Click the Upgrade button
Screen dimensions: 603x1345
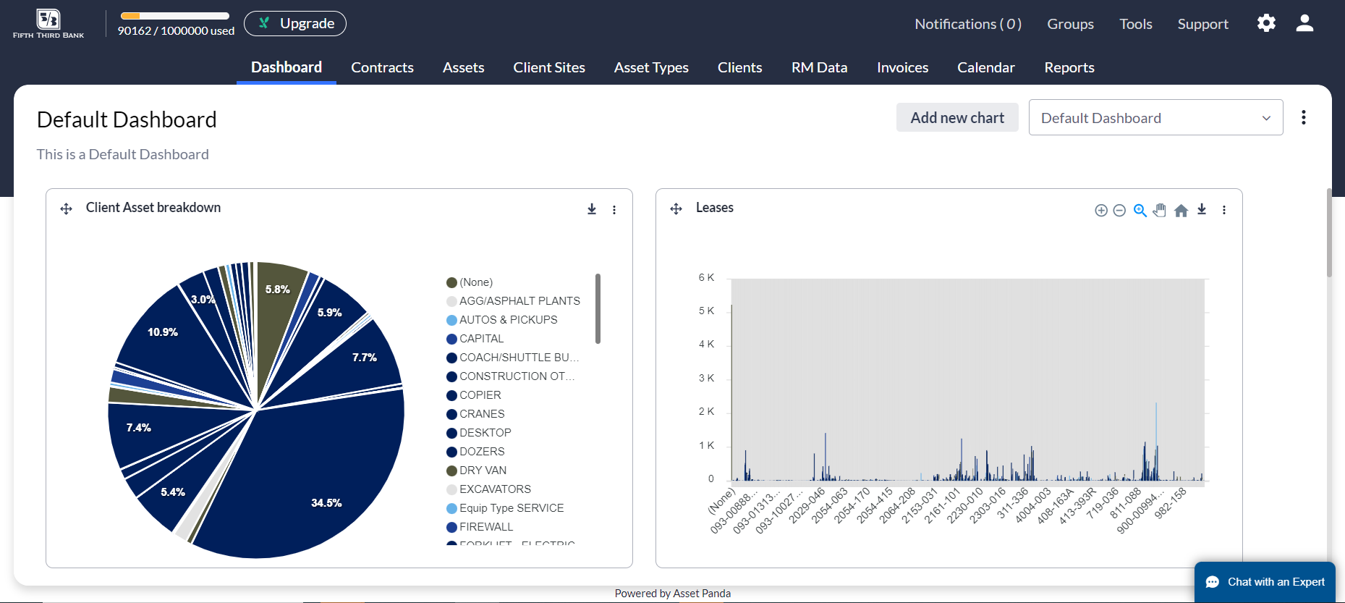(294, 23)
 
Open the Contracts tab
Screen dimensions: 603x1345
(382, 67)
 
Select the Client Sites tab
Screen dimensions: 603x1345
(549, 67)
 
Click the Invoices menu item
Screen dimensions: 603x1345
(902, 67)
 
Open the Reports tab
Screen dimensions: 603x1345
(1069, 67)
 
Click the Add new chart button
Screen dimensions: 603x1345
(956, 117)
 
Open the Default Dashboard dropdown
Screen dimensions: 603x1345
(1155, 117)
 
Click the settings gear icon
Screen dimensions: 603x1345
(1266, 23)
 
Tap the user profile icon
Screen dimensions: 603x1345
(1304, 23)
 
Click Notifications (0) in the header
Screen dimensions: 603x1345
(967, 24)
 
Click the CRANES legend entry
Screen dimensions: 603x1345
(482, 414)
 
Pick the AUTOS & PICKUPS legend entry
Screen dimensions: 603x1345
(508, 320)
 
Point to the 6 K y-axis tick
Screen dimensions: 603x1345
(706, 278)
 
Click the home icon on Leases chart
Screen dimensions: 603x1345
(1181, 211)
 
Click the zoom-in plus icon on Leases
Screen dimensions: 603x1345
(1100, 211)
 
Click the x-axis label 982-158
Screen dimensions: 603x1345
(1171, 503)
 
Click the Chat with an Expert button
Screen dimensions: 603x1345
(1265, 582)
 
